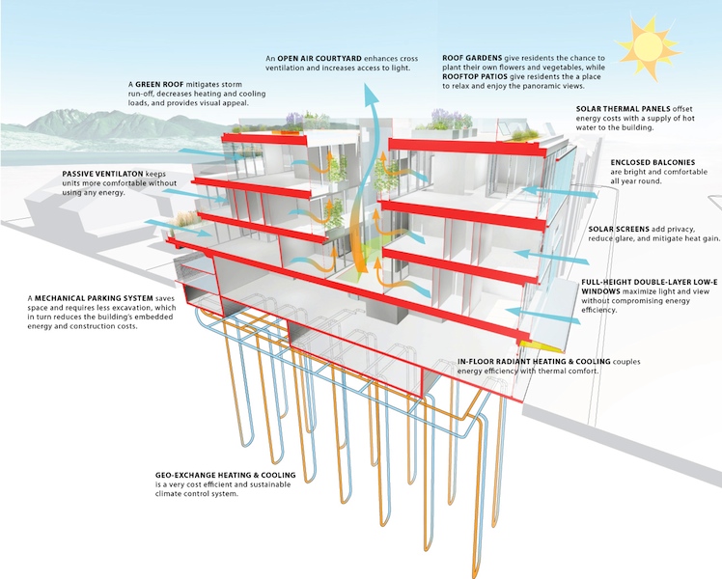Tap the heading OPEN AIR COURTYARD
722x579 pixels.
click(319, 59)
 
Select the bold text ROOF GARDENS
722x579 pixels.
click(472, 58)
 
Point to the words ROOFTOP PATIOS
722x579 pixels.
click(475, 76)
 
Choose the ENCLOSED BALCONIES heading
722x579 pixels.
click(653, 162)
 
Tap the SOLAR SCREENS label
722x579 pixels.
click(619, 230)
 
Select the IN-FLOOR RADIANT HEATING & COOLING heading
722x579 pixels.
click(534, 362)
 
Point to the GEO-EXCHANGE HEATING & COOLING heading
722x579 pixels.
click(225, 475)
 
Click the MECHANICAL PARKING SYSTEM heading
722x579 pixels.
click(94, 298)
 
